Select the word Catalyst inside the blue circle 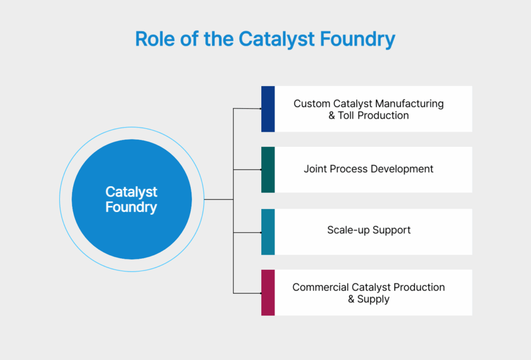point(131,191)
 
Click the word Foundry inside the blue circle point(131,207)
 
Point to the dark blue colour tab point(268,109)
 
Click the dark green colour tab point(268,170)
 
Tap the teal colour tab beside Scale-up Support point(268,232)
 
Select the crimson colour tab point(268,293)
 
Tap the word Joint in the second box point(315,169)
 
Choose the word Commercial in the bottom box point(320,287)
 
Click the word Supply point(373,299)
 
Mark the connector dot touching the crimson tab point(260,293)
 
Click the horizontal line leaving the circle point(218,199)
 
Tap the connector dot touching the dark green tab point(260,170)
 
